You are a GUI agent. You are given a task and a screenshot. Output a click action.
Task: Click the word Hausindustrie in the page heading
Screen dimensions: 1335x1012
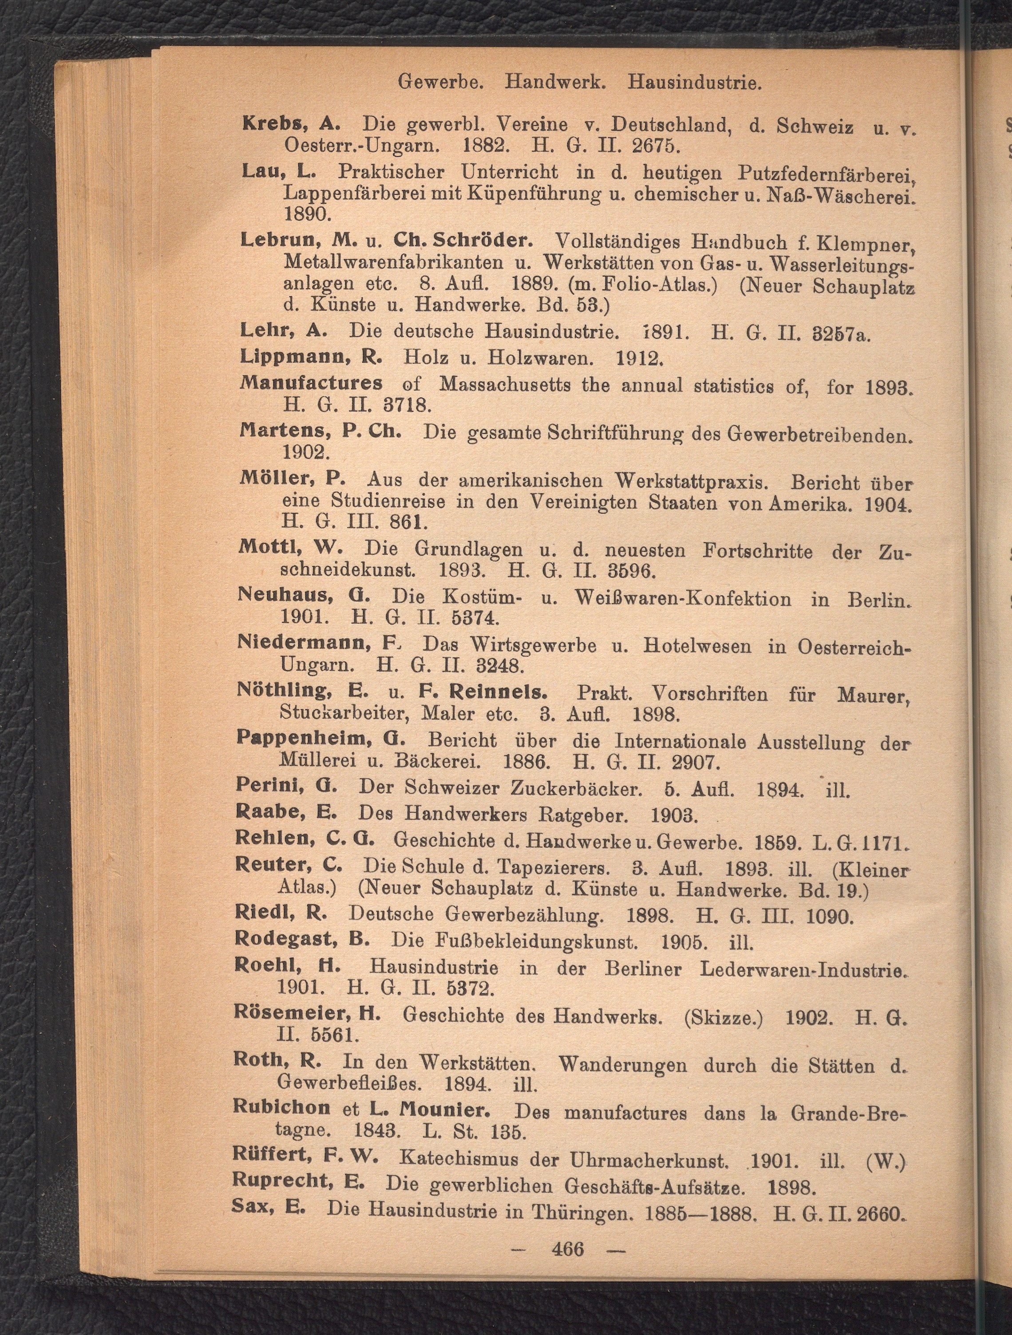pos(694,82)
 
